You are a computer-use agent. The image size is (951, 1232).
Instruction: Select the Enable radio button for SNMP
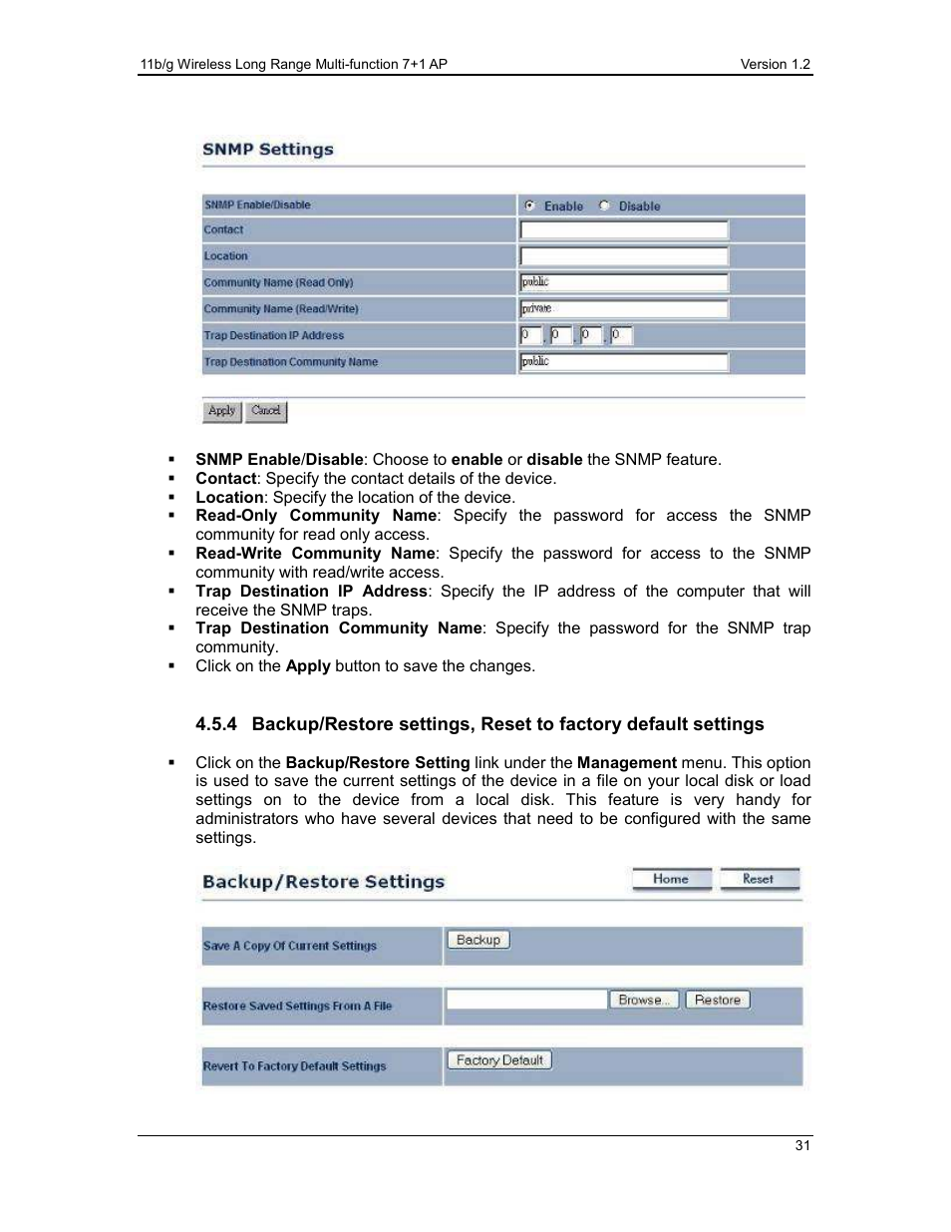[x=529, y=205]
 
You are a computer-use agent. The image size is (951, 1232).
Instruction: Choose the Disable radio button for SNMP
[x=604, y=205]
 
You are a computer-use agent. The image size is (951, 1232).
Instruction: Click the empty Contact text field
[x=624, y=230]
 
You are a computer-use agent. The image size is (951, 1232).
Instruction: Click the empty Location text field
[x=624, y=256]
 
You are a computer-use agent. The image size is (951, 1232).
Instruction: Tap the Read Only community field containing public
[x=624, y=282]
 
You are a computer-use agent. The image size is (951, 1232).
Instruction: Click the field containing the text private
[x=624, y=309]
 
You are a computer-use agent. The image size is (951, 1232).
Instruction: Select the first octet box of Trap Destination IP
[x=530, y=335]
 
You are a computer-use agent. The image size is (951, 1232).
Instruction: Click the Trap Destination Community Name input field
[x=624, y=362]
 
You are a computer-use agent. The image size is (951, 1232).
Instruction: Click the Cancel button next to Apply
[x=266, y=411]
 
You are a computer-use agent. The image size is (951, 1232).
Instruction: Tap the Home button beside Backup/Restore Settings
[x=671, y=879]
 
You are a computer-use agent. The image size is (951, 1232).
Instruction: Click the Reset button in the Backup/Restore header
[x=759, y=879]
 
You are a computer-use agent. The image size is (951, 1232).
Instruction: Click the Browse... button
[x=643, y=1000]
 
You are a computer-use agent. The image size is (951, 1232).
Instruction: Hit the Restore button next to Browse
[x=718, y=1000]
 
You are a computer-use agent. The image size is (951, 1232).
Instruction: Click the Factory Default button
[x=499, y=1060]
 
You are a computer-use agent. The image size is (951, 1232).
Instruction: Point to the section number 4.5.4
[x=216, y=724]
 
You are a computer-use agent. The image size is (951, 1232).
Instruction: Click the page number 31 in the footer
[x=802, y=1145]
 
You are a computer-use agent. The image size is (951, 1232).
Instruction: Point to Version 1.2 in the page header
[x=775, y=64]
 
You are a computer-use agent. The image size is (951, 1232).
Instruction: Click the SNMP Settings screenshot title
[x=268, y=150]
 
